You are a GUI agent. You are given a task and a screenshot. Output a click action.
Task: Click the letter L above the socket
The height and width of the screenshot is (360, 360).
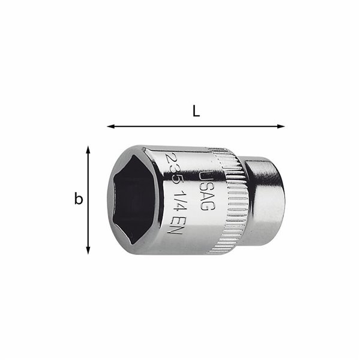point(196,111)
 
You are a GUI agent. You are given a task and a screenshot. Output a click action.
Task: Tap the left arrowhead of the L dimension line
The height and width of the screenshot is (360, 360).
point(110,127)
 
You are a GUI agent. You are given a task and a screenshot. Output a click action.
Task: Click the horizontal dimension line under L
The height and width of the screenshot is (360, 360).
point(196,127)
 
